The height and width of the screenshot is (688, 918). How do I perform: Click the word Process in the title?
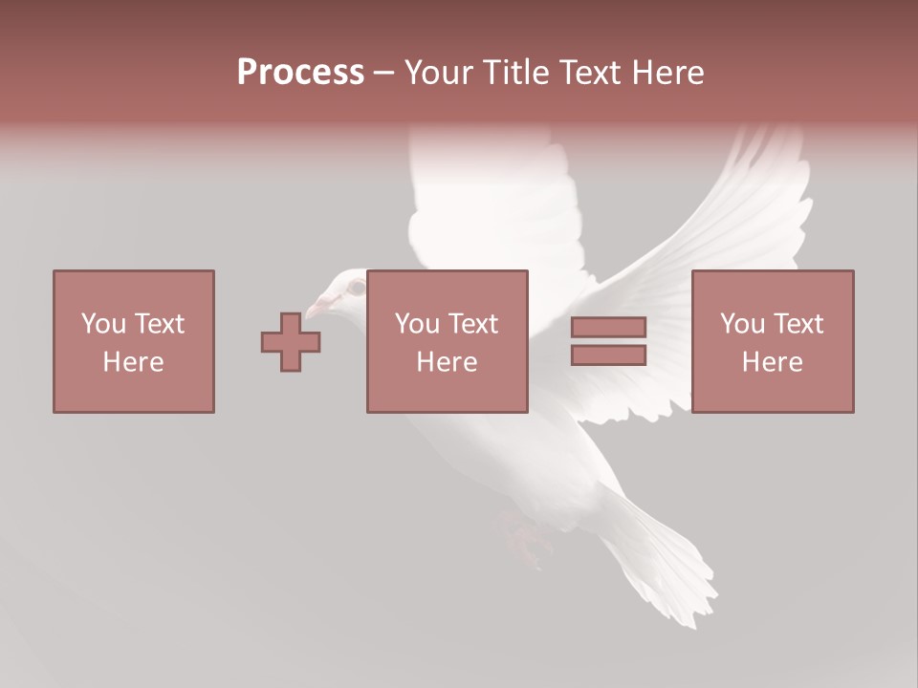[x=300, y=73]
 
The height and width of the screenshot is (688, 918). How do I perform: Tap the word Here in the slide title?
[x=667, y=73]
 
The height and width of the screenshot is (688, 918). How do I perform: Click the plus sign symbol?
[x=291, y=342]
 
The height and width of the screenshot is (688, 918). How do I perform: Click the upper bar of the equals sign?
[x=608, y=327]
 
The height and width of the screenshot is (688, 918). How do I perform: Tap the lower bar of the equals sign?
[x=608, y=355]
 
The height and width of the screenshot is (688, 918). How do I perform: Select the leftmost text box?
[x=133, y=341]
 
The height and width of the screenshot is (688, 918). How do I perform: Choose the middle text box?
[x=447, y=341]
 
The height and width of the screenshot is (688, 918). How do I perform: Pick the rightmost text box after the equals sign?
[x=772, y=341]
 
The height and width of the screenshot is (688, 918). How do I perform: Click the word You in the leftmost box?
[x=103, y=324]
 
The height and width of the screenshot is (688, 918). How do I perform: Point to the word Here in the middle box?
[x=447, y=362]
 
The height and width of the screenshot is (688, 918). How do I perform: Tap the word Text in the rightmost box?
[x=798, y=324]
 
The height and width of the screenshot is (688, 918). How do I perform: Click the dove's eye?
[x=356, y=286]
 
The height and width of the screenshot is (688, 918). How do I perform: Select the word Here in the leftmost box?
[x=133, y=362]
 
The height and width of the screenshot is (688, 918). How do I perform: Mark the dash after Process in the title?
[x=383, y=73]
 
